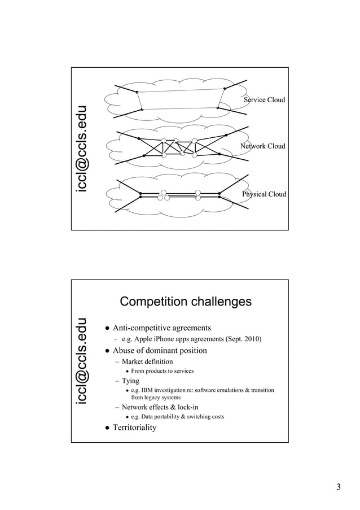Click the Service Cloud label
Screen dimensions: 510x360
(x=264, y=100)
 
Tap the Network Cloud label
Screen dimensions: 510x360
(x=263, y=146)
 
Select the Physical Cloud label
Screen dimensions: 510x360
(x=264, y=194)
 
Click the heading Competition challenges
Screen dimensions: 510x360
(x=186, y=302)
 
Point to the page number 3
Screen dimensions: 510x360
(x=339, y=487)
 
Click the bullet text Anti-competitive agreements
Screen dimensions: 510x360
(x=162, y=328)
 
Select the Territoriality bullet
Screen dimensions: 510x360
(x=134, y=427)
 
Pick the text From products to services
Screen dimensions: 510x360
(x=162, y=371)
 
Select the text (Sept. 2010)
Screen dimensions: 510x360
(x=243, y=339)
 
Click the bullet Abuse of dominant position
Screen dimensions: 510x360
(x=160, y=350)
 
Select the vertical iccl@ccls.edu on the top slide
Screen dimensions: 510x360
(x=83, y=149)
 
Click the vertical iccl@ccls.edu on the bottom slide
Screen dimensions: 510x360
(x=83, y=361)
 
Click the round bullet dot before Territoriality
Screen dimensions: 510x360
(x=106, y=428)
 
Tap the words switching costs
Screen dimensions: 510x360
(x=209, y=417)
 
